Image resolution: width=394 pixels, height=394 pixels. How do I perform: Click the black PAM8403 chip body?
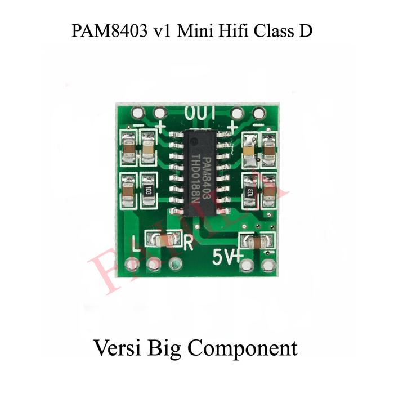(x=200, y=172)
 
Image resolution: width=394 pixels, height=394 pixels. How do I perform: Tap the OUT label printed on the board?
(x=200, y=113)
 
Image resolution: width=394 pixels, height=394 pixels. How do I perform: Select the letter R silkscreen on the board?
(x=189, y=243)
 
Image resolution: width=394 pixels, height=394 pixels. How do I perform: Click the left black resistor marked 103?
(x=148, y=190)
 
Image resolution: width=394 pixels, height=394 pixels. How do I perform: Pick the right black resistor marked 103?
(x=250, y=191)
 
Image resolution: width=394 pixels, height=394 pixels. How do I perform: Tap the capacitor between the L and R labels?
(x=163, y=241)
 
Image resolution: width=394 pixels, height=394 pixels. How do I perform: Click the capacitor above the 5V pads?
(x=257, y=243)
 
